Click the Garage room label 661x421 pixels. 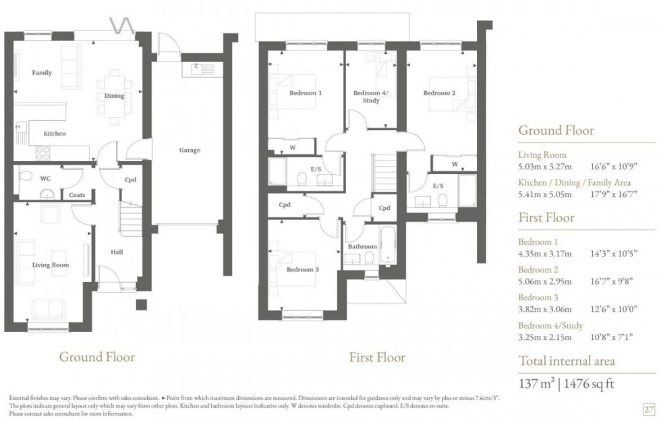(x=190, y=150)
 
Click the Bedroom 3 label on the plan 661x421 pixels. (x=302, y=270)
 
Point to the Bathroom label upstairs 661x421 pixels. (x=362, y=247)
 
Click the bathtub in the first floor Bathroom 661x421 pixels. (x=388, y=246)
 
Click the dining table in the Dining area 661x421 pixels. (x=114, y=96)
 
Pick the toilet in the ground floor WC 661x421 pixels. (x=25, y=177)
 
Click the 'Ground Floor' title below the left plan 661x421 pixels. (x=97, y=357)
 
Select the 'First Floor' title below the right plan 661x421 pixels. (x=377, y=357)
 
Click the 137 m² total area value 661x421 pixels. (x=537, y=384)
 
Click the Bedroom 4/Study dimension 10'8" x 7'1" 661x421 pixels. (x=614, y=337)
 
